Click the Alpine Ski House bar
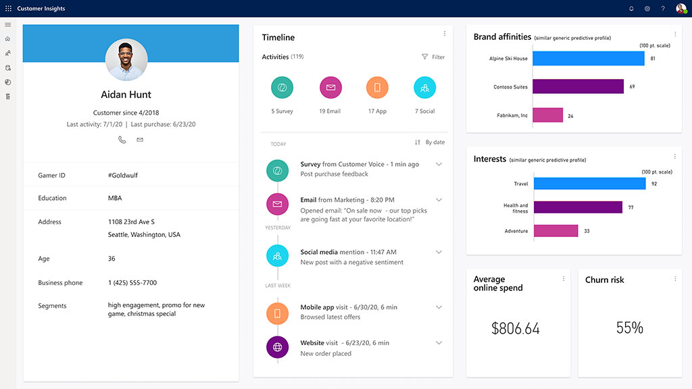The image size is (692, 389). tap(588, 59)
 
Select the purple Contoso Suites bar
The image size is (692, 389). tap(578, 86)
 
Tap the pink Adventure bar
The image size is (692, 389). tap(555, 231)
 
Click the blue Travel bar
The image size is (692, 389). tap(589, 184)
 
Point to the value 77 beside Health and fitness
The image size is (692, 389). tap(631, 208)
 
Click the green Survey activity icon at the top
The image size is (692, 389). tap(282, 88)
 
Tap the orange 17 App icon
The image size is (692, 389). tap(377, 88)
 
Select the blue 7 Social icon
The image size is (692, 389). tap(424, 88)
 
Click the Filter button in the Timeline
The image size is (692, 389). tap(433, 57)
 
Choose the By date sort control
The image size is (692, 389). tap(430, 142)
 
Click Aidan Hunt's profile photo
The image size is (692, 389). tap(126, 60)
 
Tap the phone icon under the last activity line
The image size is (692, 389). tap(122, 140)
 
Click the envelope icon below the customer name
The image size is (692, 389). tap(140, 140)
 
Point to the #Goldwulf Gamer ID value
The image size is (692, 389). tap(122, 176)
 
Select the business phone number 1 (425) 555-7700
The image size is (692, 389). tap(132, 283)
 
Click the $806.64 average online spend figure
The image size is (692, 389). tap(516, 329)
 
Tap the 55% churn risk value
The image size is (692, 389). tap(629, 328)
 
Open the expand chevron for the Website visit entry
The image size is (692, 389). tap(439, 343)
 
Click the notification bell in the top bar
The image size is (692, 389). tap(631, 9)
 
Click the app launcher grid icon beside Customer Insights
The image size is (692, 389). tap(8, 9)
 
